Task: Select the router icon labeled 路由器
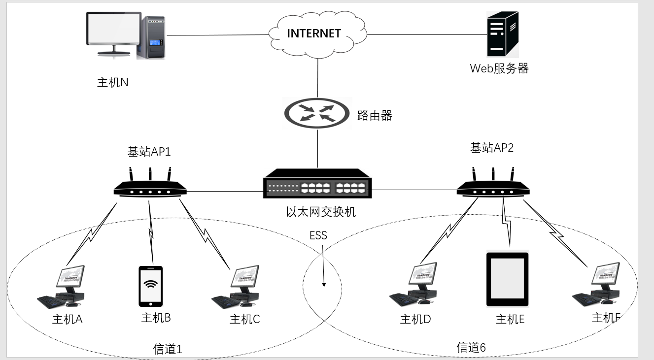(x=318, y=114)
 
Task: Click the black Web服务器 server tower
(x=503, y=34)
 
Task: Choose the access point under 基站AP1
(x=150, y=188)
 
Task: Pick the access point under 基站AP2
(x=493, y=188)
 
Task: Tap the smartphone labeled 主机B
(x=151, y=286)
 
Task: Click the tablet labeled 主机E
(x=508, y=279)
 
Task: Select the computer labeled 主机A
(x=65, y=286)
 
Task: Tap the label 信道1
(x=168, y=349)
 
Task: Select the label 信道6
(x=471, y=347)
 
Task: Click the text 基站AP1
(x=149, y=152)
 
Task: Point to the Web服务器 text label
(x=499, y=68)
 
